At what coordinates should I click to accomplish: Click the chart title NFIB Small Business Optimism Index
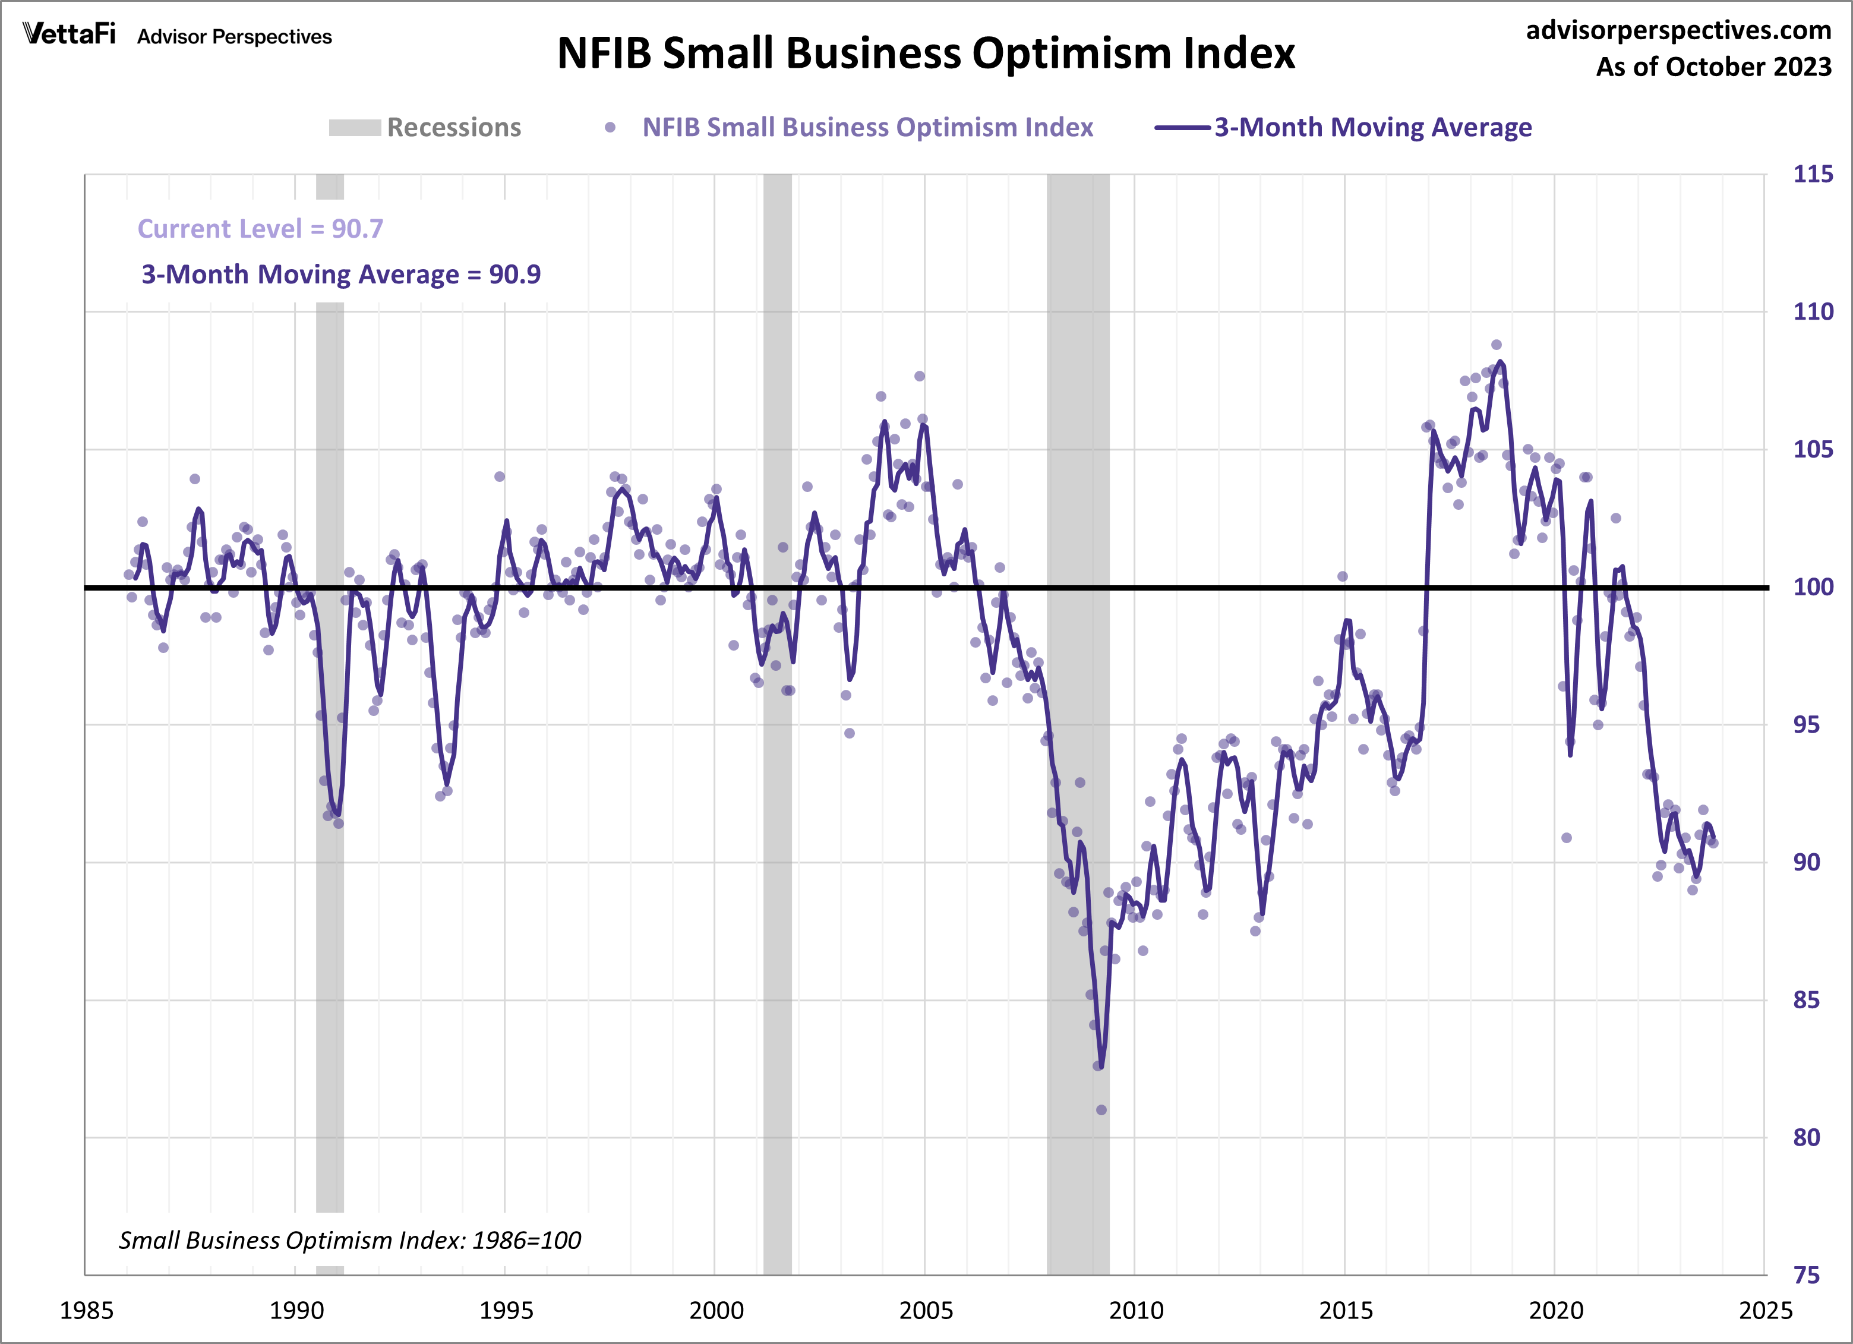[926, 54]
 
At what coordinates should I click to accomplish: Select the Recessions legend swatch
[355, 128]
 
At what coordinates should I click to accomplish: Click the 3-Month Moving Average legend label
[1372, 128]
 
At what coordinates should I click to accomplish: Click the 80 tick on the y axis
[1807, 1137]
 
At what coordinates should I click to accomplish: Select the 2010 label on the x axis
[1136, 1311]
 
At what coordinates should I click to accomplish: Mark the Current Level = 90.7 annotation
[260, 229]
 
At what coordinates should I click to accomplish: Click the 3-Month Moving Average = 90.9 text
[340, 275]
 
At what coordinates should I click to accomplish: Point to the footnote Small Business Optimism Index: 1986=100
[350, 1240]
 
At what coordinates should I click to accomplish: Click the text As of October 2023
[1713, 67]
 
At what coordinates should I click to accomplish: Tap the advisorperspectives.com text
[1678, 30]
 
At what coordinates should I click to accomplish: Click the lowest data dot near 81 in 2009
[1101, 1109]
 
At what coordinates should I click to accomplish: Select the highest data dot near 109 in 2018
[1496, 345]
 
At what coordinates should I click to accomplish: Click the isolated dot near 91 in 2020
[1566, 837]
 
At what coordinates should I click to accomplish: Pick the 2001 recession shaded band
[778, 736]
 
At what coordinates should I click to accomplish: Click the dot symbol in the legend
[610, 128]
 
